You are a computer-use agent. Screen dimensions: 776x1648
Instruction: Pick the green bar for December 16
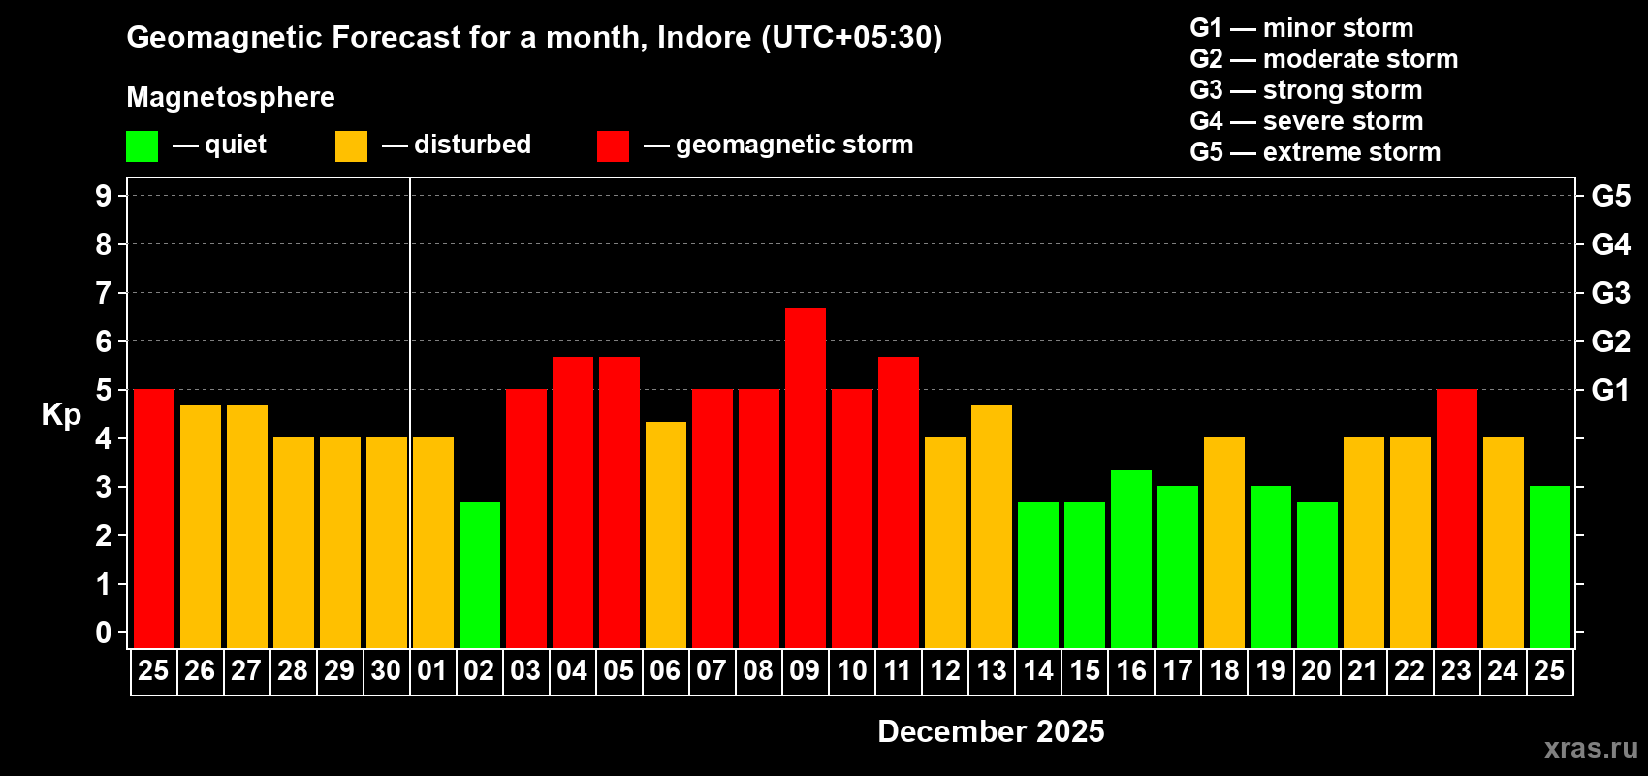tap(1131, 559)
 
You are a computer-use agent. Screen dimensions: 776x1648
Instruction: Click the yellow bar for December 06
tap(666, 534)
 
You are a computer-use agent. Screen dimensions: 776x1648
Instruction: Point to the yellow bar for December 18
tap(1224, 542)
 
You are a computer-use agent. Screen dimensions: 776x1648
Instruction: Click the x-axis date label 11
tap(898, 671)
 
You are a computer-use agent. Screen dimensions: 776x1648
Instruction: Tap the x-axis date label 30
tap(386, 671)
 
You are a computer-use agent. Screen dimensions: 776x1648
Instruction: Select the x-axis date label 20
tap(1316, 671)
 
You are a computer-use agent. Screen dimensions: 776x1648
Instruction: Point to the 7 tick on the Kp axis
tap(104, 293)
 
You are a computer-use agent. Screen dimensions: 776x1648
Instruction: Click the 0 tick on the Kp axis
tap(104, 632)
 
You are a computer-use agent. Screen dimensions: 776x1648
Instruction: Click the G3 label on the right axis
tap(1610, 293)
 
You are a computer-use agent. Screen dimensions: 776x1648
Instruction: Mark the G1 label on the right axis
tap(1610, 390)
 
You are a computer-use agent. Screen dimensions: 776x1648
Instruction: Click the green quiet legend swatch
tap(143, 146)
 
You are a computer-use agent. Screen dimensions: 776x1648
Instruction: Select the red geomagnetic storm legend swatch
tap(613, 146)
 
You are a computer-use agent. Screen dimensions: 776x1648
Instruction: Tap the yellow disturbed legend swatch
tap(351, 146)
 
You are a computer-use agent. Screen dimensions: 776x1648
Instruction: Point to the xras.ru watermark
tap(1591, 748)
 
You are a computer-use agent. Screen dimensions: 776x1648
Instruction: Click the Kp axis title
tap(61, 414)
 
